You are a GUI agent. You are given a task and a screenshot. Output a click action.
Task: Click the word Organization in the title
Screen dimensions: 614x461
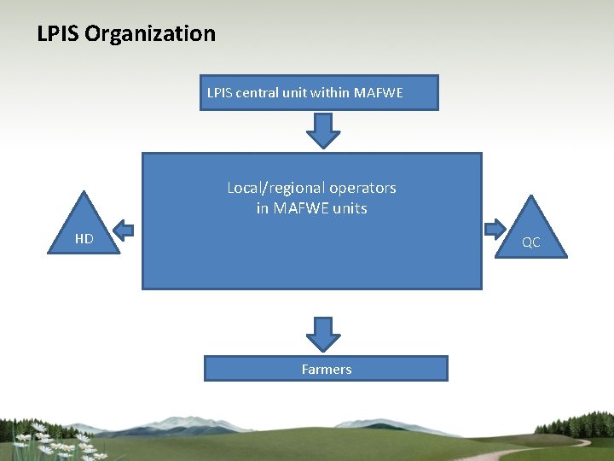tap(150, 34)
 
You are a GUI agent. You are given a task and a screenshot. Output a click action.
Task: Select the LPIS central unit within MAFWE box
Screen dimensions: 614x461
tap(319, 92)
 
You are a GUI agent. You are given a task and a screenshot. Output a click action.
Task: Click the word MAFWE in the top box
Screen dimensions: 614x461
tap(379, 92)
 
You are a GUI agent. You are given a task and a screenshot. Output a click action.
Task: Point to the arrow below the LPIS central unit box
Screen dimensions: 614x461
tap(323, 131)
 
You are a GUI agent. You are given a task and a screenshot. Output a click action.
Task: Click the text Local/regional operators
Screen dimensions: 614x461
tap(312, 188)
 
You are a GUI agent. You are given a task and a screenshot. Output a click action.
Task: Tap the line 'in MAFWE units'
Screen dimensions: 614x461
tap(312, 207)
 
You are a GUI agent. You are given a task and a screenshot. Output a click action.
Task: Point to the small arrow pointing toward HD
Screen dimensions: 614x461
tap(124, 230)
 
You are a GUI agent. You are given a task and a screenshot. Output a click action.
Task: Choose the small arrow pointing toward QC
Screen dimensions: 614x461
tap(495, 229)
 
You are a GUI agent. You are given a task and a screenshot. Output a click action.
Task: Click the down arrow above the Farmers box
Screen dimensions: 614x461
tap(323, 335)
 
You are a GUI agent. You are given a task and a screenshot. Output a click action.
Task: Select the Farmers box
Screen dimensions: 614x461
tap(326, 369)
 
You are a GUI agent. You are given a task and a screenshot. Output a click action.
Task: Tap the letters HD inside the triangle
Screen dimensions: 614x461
tap(84, 239)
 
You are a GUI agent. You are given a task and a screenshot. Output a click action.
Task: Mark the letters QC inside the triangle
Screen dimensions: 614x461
tap(531, 242)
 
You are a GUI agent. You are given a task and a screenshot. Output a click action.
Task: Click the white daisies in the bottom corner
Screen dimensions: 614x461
tap(55, 441)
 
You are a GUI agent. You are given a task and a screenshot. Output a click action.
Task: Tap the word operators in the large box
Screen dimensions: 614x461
tap(362, 189)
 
